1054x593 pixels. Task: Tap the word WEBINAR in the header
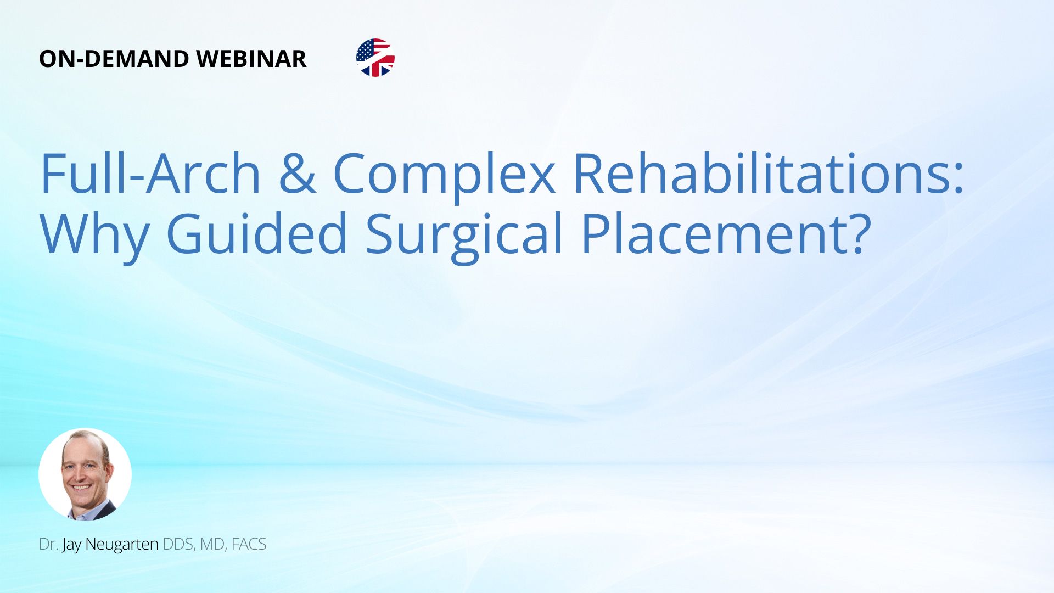pos(251,59)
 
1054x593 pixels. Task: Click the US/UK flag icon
pos(375,58)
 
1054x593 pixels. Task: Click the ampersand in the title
pos(297,174)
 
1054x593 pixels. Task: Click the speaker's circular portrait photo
pos(85,474)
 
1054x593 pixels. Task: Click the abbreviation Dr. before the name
pos(49,544)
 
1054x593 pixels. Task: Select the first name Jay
pos(72,545)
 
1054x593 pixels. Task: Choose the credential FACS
pos(249,544)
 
